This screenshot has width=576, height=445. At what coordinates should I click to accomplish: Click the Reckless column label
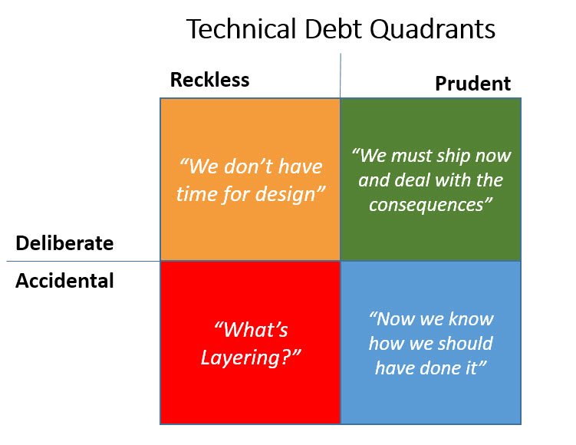click(209, 80)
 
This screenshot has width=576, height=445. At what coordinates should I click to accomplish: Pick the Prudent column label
click(472, 84)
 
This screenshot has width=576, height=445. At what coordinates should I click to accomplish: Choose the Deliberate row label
click(64, 244)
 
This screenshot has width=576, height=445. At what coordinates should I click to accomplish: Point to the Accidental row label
click(64, 281)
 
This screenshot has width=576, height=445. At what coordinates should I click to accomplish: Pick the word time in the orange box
click(198, 193)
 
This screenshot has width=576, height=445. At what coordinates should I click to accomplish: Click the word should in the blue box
click(462, 343)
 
